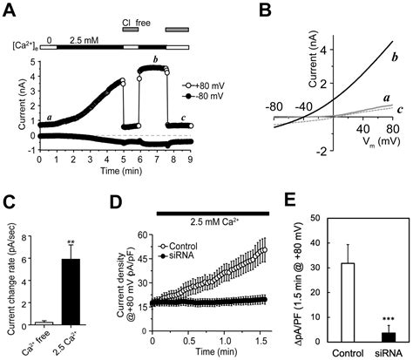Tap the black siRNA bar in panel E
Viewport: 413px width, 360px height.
(x=378, y=336)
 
